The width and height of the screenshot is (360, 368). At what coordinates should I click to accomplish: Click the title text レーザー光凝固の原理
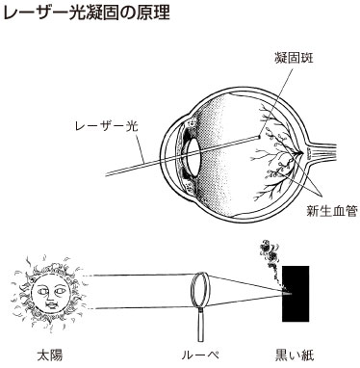pos(84,13)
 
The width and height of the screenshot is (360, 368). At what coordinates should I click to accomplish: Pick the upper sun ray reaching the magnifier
pos(135,276)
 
